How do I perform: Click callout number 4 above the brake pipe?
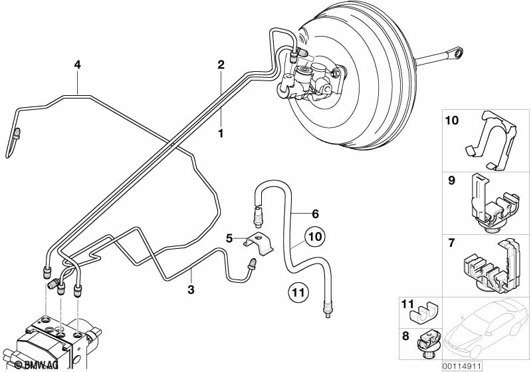[78, 65]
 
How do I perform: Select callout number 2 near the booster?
[221, 65]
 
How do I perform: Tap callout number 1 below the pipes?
[221, 133]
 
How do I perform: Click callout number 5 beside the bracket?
[229, 237]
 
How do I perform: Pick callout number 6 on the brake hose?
[315, 214]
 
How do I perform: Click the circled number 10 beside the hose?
[315, 237]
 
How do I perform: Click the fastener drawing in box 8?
[425, 343]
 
